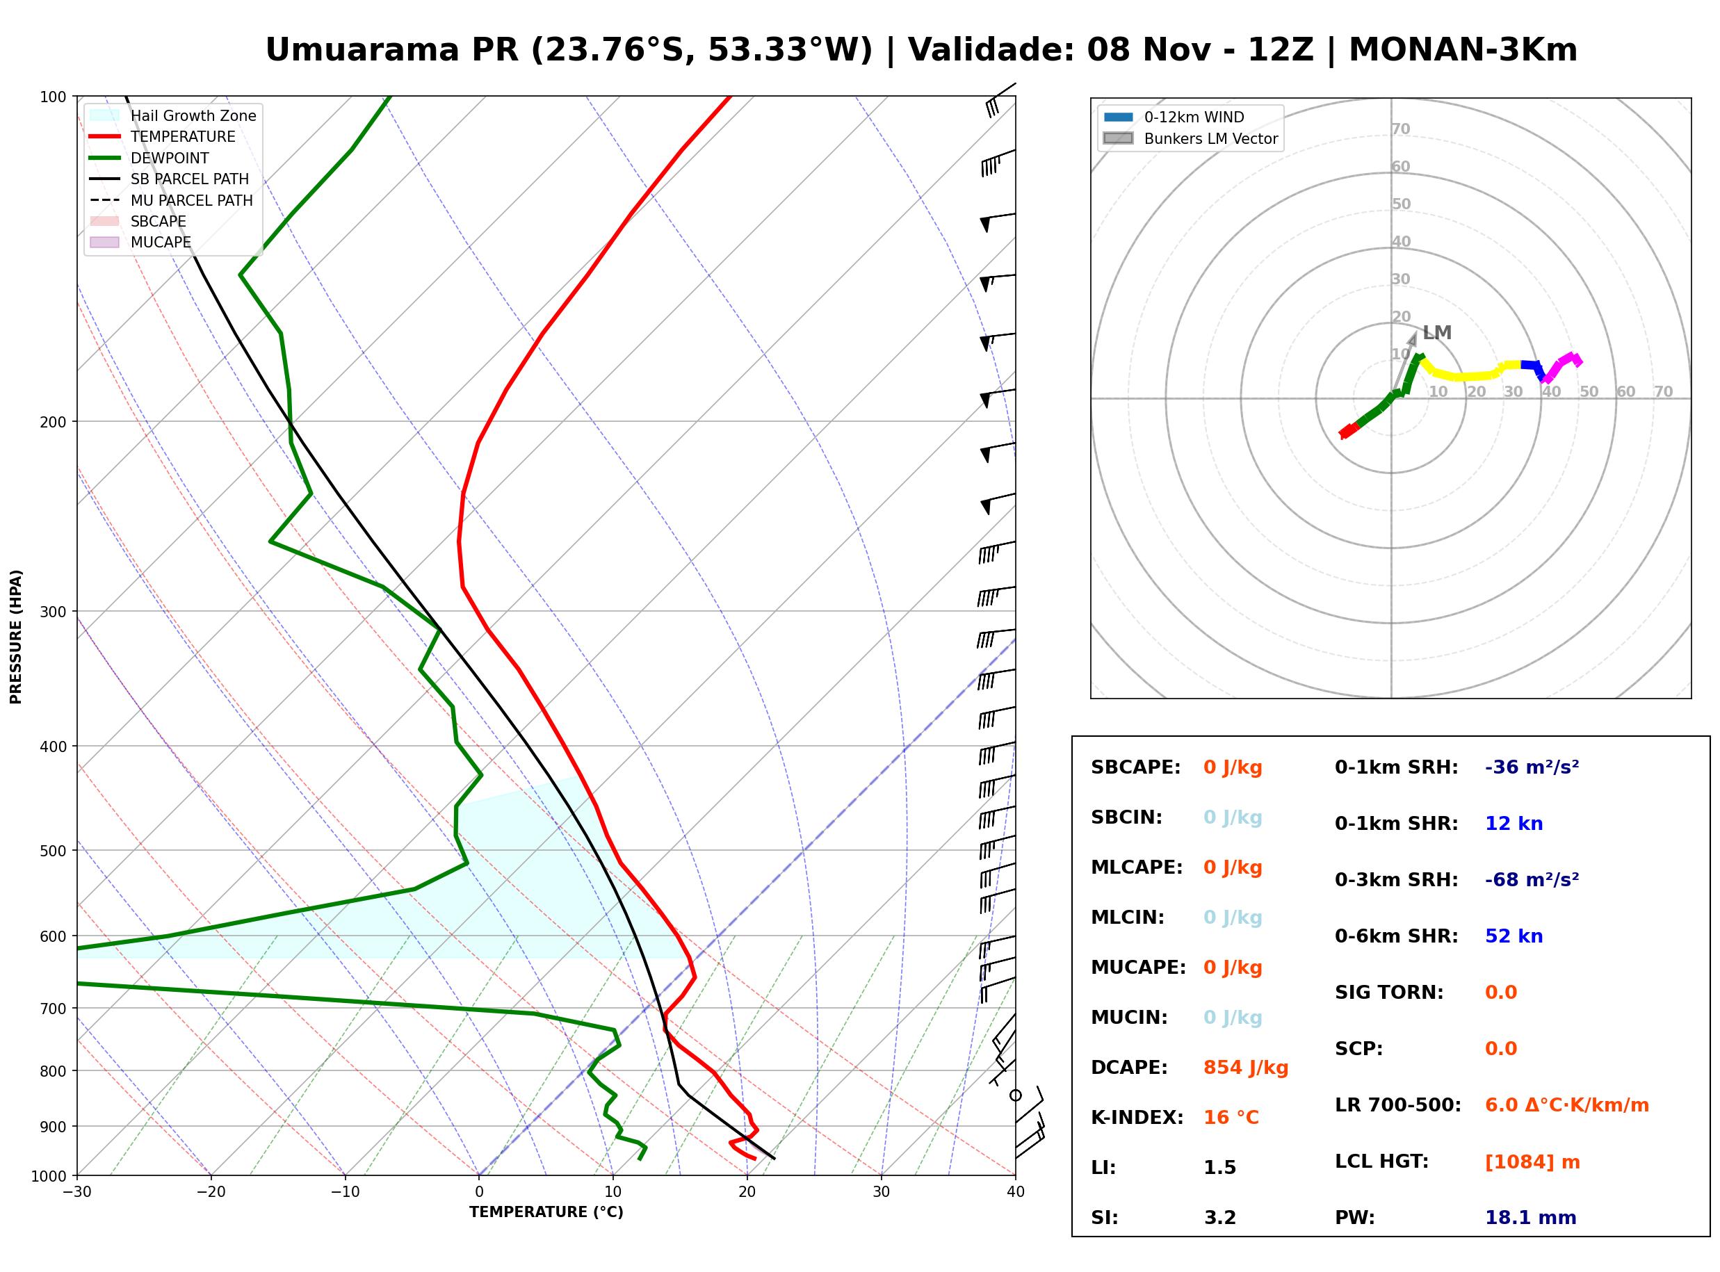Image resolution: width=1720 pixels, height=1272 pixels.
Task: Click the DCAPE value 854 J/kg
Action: click(x=1245, y=1068)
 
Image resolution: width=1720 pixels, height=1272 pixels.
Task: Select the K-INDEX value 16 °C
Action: click(x=1231, y=1118)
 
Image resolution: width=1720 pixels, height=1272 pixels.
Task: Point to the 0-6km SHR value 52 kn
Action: click(x=1514, y=936)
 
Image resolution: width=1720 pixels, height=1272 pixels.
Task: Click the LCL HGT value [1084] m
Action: click(x=1532, y=1162)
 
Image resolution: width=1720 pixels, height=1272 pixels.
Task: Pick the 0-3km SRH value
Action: click(x=1532, y=879)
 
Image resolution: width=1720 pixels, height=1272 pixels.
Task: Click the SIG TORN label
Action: click(x=1389, y=993)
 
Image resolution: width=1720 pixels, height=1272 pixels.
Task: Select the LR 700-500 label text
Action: click(x=1397, y=1106)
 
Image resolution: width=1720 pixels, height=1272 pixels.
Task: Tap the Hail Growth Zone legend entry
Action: click(x=173, y=115)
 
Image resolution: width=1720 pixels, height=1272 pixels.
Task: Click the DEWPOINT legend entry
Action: click(x=149, y=158)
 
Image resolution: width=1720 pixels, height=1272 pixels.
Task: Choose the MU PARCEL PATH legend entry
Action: click(x=171, y=200)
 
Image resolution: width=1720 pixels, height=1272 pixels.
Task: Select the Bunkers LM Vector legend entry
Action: click(x=1190, y=138)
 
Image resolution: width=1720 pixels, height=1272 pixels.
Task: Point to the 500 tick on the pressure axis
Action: click(x=52, y=851)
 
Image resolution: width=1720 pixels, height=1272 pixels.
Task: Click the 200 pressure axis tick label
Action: click(x=52, y=422)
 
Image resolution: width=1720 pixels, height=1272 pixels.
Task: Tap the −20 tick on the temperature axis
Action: click(x=211, y=1192)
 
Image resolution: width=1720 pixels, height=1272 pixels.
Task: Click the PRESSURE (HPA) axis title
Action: click(x=16, y=637)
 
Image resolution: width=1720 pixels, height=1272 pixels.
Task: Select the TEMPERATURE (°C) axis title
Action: click(x=546, y=1212)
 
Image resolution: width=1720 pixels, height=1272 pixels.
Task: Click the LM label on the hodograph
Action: click(x=1436, y=333)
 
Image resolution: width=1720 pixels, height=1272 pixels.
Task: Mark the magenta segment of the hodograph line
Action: click(x=1561, y=367)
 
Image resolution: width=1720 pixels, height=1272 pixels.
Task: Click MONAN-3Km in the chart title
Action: click(x=1463, y=50)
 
